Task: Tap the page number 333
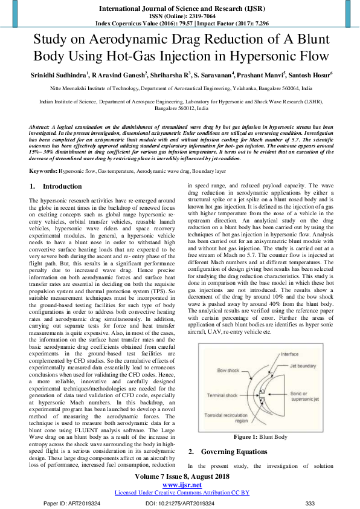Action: pos(310,503)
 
